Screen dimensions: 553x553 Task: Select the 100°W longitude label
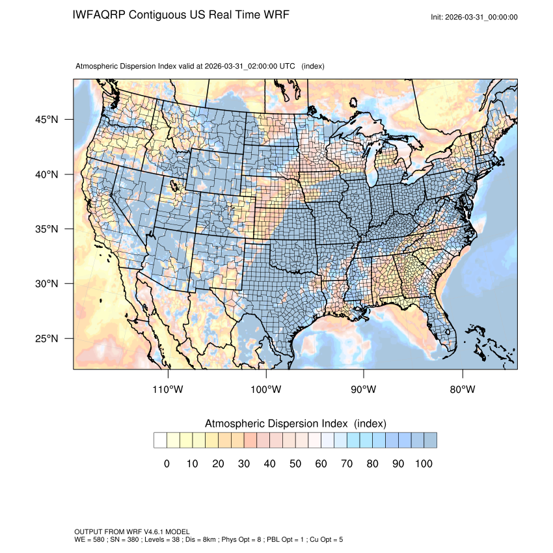click(266, 390)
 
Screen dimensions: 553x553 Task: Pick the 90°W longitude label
click(364, 390)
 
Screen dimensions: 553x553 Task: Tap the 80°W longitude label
click(462, 390)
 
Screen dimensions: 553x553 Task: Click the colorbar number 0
click(167, 464)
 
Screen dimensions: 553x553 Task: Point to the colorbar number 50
click(295, 464)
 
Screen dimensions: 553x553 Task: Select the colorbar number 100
click(424, 464)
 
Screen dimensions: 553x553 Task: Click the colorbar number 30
click(244, 464)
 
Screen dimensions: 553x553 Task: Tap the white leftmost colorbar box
click(160, 440)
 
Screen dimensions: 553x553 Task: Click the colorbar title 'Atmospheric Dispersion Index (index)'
click(295, 424)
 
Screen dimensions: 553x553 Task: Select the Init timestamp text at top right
click(474, 17)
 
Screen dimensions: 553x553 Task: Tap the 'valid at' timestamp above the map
click(250, 66)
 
